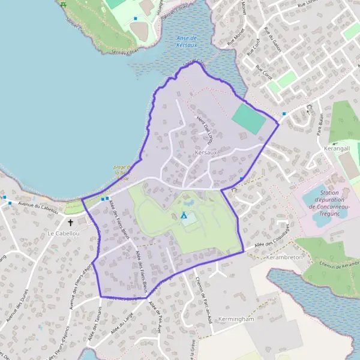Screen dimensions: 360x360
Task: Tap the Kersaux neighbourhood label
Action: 206,154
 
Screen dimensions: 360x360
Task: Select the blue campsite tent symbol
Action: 184,214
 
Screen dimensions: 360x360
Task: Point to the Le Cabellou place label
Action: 63,233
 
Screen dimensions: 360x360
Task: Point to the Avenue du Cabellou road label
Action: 38,207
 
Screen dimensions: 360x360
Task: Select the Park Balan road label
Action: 320,125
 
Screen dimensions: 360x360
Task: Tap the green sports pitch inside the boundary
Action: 248,119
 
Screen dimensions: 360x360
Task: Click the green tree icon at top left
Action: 63,4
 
